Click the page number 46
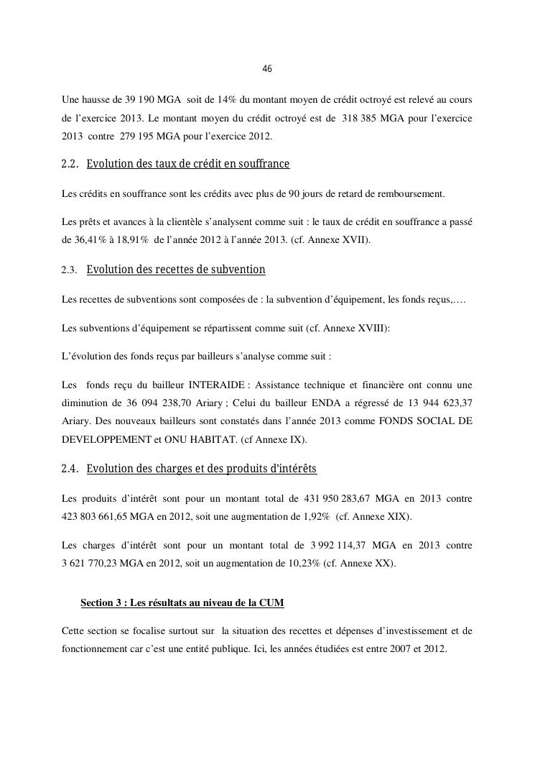[267, 69]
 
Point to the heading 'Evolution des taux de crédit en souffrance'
[187, 164]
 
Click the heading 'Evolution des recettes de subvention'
[176, 270]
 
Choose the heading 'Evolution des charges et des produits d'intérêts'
[201, 469]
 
